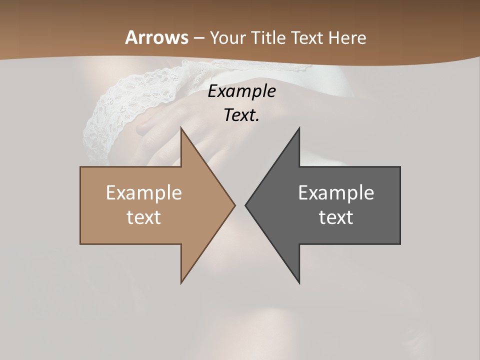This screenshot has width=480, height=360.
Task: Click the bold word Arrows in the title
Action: [157, 37]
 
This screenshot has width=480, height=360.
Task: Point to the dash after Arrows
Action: [198, 38]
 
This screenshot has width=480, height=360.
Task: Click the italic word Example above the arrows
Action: [241, 91]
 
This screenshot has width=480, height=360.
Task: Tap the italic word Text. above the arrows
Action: [241, 115]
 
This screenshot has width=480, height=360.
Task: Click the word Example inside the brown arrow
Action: [144, 192]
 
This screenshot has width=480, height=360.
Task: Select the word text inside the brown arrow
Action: [144, 217]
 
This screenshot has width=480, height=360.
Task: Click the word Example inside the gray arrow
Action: [336, 192]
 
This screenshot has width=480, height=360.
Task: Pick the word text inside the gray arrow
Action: [336, 217]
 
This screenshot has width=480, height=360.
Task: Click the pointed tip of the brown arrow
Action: [234, 205]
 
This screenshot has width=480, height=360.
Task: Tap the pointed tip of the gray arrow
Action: [246, 205]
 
